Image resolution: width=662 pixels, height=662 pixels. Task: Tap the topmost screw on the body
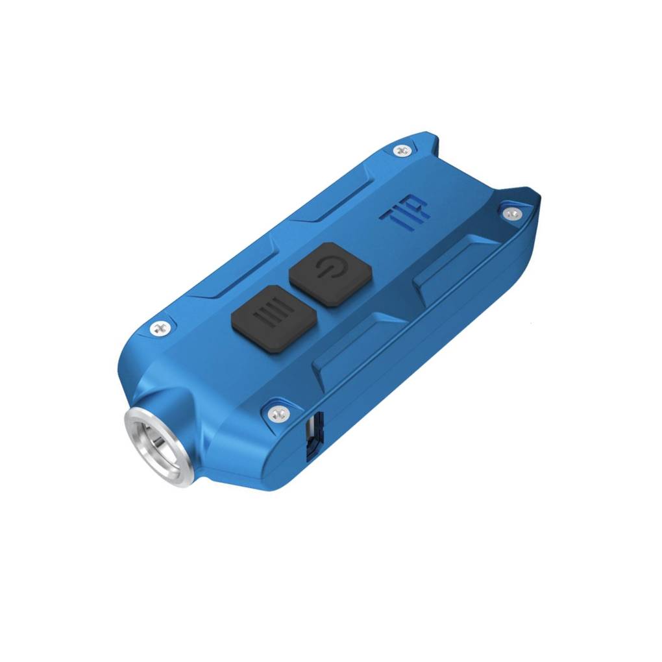coord(402,151)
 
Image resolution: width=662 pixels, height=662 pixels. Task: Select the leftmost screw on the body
coord(158,328)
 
